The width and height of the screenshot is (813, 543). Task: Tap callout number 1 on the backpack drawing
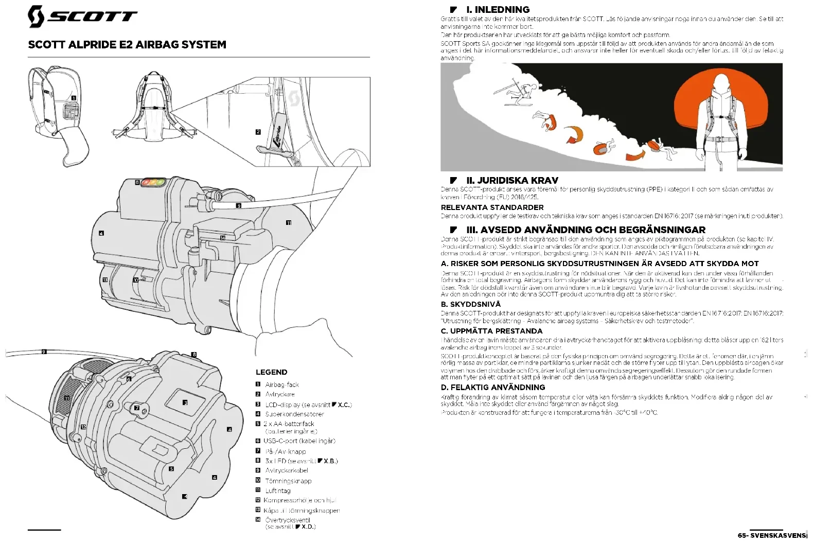tap(74, 98)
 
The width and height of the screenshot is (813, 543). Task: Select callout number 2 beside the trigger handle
tap(258, 132)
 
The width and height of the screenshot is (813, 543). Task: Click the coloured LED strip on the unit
tap(153, 182)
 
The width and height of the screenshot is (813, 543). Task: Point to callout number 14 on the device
tap(223, 238)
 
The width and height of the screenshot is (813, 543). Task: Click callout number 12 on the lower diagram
tap(83, 427)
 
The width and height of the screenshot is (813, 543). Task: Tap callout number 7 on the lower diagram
tap(137, 408)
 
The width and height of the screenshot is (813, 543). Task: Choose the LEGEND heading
tap(271, 372)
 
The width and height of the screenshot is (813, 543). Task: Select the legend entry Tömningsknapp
tap(288, 481)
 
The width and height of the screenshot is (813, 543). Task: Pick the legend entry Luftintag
tap(278, 491)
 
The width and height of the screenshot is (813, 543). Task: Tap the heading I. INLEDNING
tap(497, 10)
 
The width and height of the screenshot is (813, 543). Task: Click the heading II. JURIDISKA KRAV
tap(512, 181)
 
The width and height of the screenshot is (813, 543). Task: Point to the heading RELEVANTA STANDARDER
tap(492, 207)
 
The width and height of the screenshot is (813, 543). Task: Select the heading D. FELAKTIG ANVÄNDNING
tap(492, 388)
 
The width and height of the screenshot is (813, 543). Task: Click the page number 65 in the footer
tap(741, 535)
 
